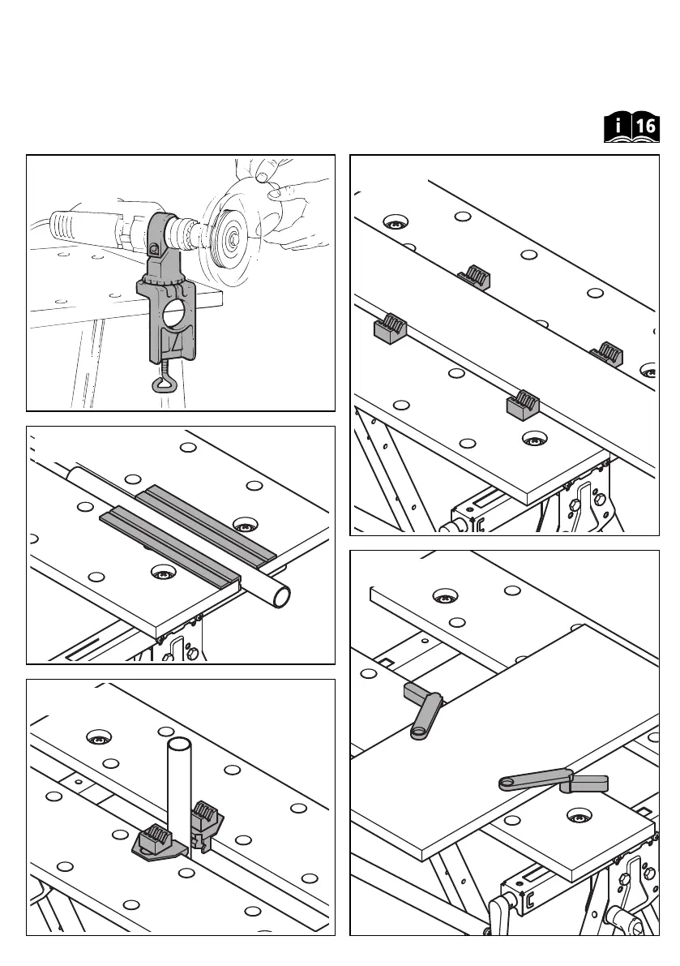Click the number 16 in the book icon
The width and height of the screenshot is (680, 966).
click(644, 127)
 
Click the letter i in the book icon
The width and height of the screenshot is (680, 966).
click(618, 127)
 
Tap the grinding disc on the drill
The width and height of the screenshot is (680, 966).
click(231, 237)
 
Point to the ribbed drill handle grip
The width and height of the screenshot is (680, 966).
click(75, 225)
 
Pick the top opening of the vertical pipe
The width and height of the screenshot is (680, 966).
click(178, 743)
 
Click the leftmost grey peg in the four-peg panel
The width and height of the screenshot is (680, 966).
click(390, 328)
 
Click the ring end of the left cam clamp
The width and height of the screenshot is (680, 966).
click(420, 734)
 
